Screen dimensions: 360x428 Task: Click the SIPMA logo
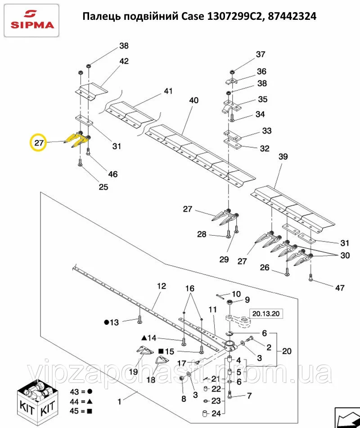click(x=31, y=20)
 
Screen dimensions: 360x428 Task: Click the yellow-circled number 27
click(x=39, y=142)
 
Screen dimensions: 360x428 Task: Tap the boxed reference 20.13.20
click(x=266, y=314)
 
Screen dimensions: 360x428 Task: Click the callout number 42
click(x=124, y=61)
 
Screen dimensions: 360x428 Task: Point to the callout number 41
click(x=168, y=91)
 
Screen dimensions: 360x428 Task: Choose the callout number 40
click(x=193, y=100)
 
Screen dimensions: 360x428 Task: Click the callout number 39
click(x=283, y=157)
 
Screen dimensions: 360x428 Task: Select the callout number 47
click(x=340, y=288)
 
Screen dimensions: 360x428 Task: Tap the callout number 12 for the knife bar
click(x=162, y=286)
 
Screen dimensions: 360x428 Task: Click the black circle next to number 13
click(x=107, y=323)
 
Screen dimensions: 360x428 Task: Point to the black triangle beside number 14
click(x=144, y=338)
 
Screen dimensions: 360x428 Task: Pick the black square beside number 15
click(x=161, y=351)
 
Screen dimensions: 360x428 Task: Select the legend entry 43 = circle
click(x=81, y=392)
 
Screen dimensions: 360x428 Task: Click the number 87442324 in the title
click(x=292, y=16)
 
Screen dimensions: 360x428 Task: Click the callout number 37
click(x=261, y=55)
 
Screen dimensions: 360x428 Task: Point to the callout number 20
click(x=287, y=351)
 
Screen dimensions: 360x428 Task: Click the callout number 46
click(x=112, y=174)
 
